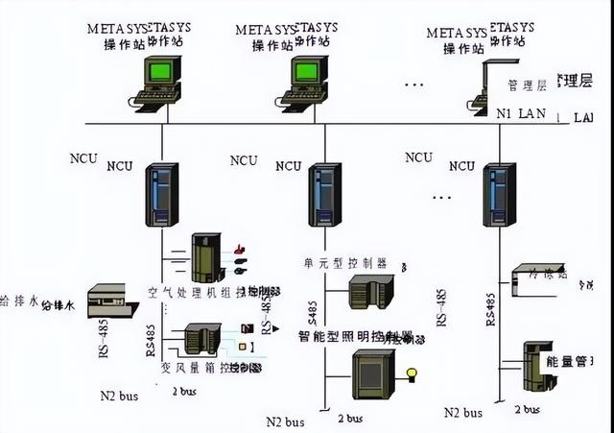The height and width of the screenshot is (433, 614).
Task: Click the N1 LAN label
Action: point(519,114)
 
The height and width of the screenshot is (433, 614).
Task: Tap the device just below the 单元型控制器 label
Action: point(370,291)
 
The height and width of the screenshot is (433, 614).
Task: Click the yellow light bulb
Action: point(413,373)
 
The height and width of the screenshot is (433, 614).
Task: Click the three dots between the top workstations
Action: point(413,86)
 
